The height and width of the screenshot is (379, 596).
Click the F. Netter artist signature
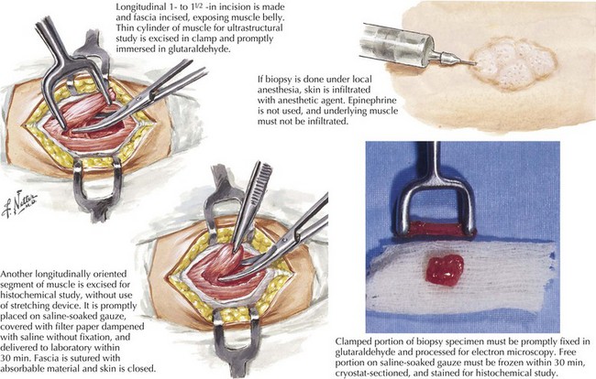tap(20, 205)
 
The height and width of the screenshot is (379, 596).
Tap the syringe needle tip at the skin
tap(476, 63)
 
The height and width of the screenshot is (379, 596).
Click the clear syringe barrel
tap(397, 45)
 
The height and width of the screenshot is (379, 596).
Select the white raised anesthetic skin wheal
tap(513, 63)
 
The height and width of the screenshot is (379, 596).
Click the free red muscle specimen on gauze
tap(445, 270)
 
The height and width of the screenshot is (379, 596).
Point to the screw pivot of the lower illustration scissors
tap(284, 239)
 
